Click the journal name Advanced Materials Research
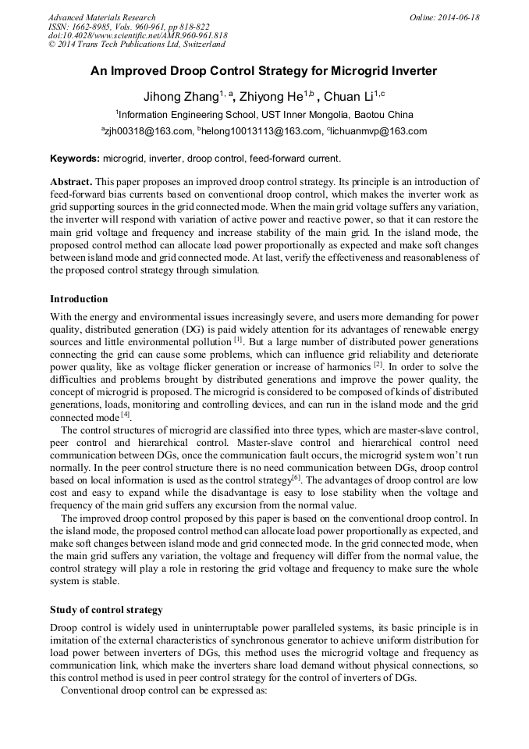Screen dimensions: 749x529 101,17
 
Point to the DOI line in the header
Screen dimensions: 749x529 137,35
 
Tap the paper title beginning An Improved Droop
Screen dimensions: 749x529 264,71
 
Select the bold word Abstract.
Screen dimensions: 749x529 72,181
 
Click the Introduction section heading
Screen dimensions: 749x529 79,299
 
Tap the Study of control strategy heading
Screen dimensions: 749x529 106,609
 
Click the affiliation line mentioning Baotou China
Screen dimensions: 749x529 264,115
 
